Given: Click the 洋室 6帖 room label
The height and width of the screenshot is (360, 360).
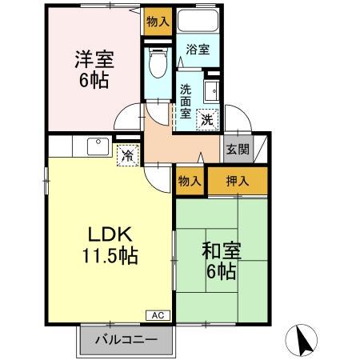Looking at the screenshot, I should (x=92, y=69).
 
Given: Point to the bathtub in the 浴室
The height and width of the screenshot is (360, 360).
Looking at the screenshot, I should (x=198, y=23).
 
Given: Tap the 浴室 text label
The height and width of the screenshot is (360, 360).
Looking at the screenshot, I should (x=198, y=50).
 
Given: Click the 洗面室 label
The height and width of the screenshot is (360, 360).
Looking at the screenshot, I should (x=186, y=101).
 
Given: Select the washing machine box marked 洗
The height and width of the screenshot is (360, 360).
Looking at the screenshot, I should (x=207, y=120).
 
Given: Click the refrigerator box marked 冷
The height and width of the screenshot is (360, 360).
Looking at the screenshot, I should (x=127, y=154).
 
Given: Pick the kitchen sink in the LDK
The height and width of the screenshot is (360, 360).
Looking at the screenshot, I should (x=97, y=146).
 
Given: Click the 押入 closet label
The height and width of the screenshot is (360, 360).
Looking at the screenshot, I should (x=238, y=181).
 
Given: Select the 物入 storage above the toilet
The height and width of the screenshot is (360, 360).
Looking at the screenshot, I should (x=158, y=22).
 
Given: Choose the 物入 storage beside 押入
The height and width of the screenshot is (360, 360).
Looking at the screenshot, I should (x=190, y=181).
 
